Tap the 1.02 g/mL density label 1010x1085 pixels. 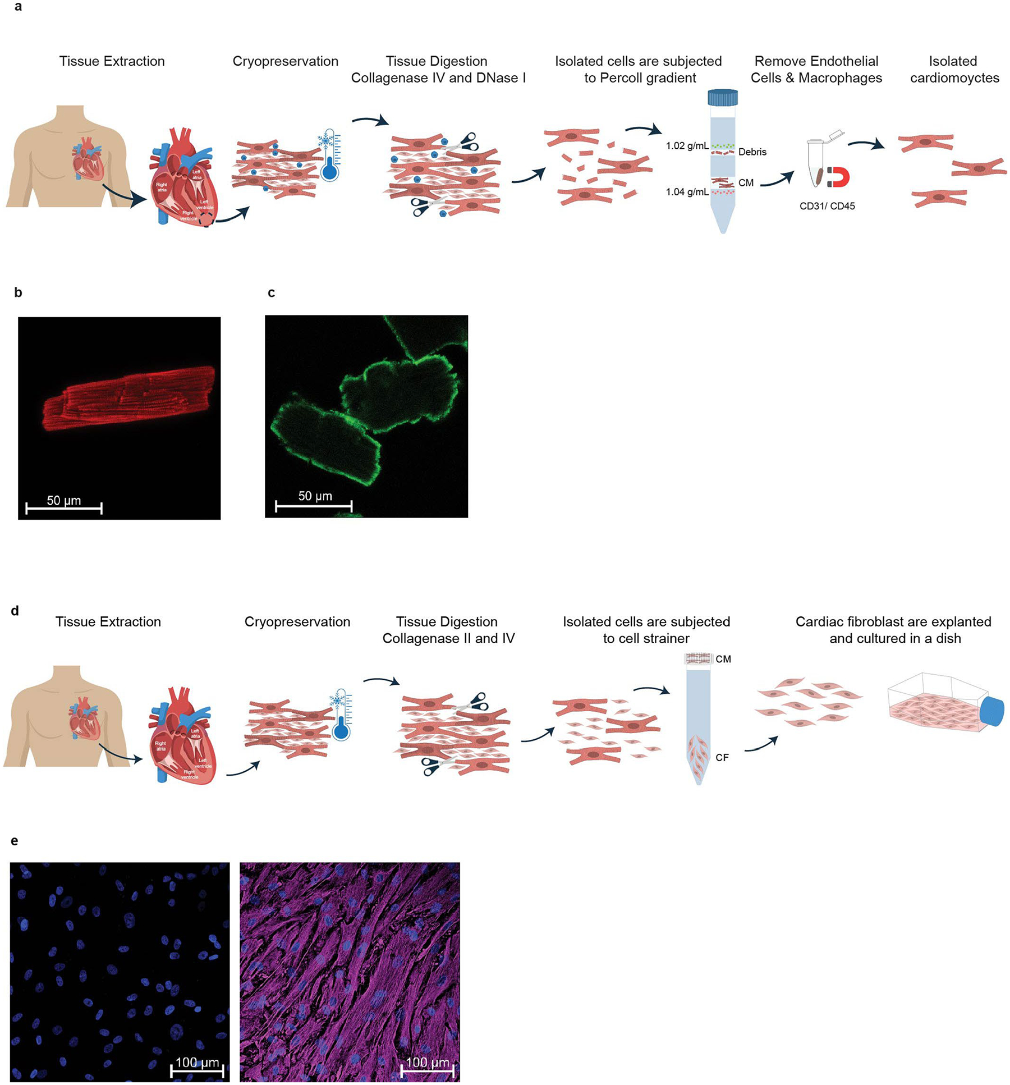687,146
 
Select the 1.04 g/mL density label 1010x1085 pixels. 687,192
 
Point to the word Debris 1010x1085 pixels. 752,152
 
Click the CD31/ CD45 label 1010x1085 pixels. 827,206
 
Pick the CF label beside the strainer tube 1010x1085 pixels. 722,758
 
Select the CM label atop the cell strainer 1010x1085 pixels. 723,659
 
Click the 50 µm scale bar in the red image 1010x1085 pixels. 64,509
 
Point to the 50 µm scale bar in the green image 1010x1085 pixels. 314,506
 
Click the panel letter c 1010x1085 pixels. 271,292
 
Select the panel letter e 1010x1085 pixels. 15,840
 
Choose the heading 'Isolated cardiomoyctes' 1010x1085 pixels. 954,70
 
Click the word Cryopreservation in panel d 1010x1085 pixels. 297,622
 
